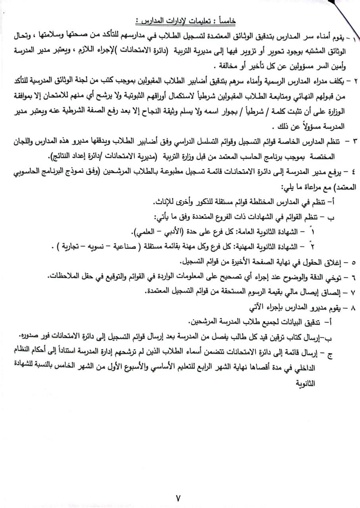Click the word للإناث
pos(164,202)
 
